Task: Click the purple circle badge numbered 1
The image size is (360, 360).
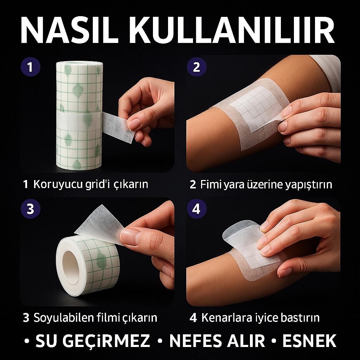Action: (30, 67)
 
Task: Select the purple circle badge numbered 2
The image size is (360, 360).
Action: (197, 67)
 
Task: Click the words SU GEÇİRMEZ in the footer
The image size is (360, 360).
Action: (92, 341)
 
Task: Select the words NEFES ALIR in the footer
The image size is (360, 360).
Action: (217, 341)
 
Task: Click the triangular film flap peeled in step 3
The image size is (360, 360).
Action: (97, 223)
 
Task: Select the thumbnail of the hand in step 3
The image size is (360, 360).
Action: (130, 237)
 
